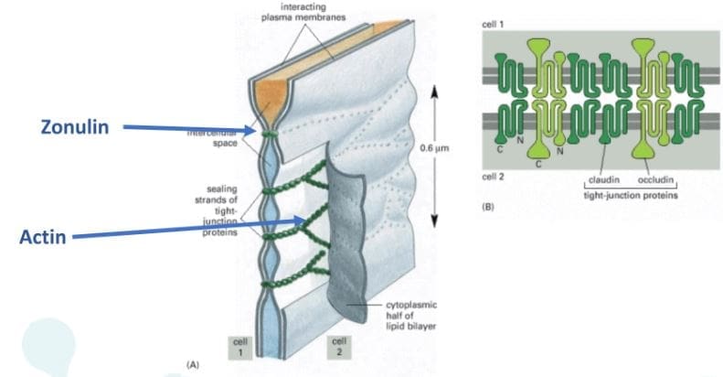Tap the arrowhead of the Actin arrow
(307, 220)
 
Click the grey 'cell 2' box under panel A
(336, 347)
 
